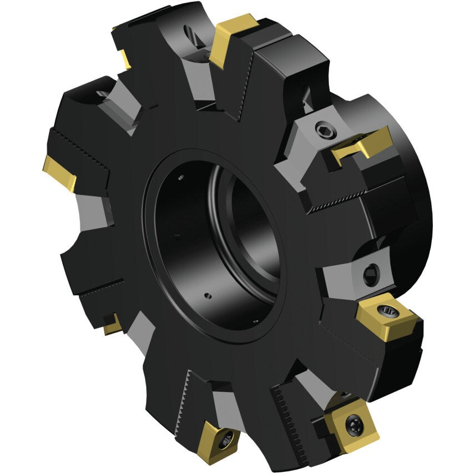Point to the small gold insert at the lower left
click(x=112, y=324)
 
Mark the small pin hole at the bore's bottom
click(x=206, y=295)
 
